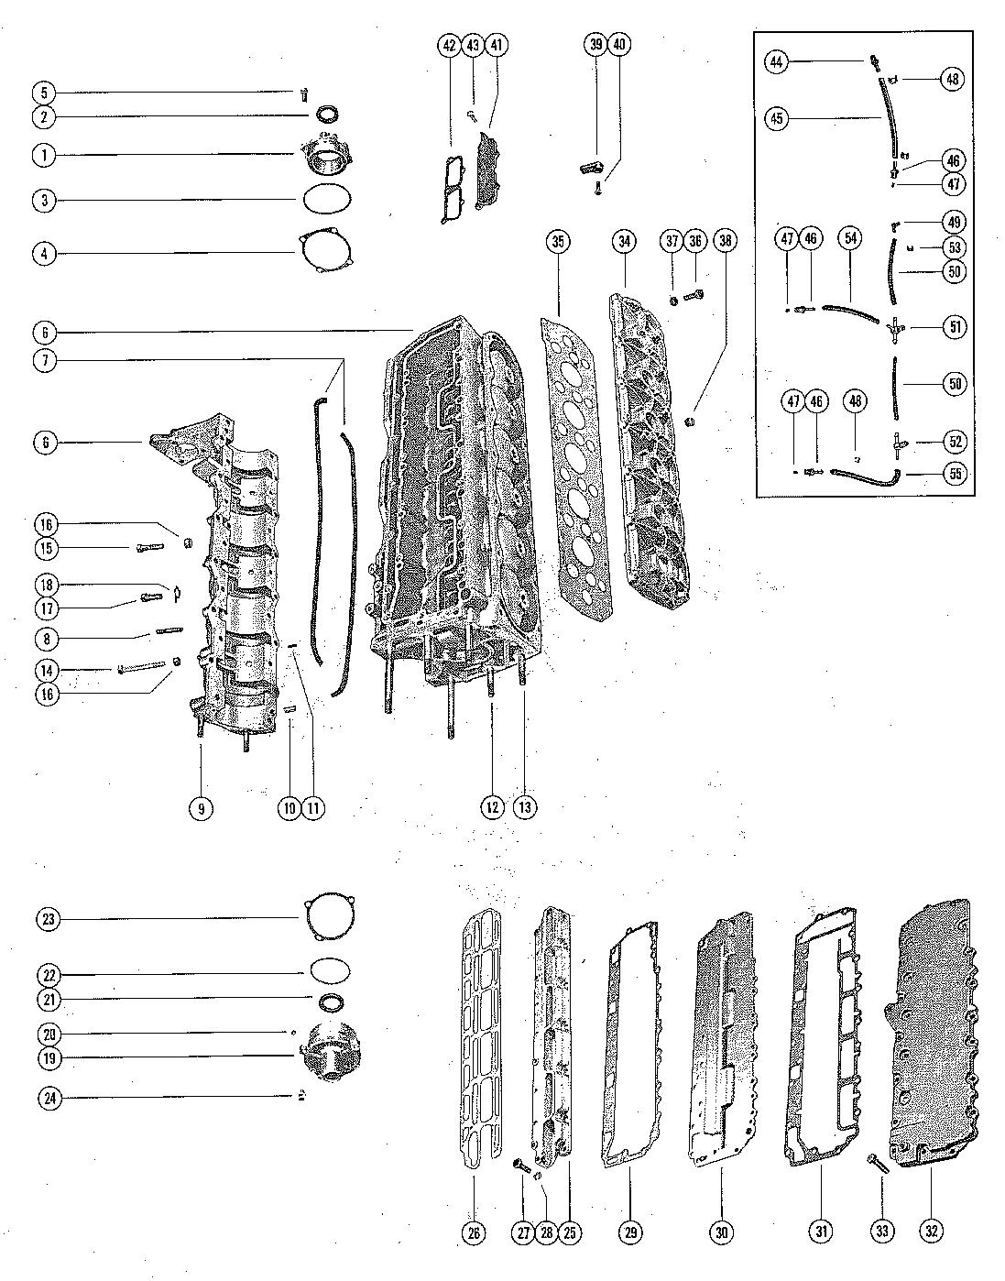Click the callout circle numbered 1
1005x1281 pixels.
43,155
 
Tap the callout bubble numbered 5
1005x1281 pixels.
43,93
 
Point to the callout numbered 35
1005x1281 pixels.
558,242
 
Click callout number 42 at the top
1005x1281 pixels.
450,44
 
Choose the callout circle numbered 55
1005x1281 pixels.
955,473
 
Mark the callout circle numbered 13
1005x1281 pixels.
525,806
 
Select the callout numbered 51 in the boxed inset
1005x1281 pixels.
955,327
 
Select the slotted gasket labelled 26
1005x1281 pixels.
480,1035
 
